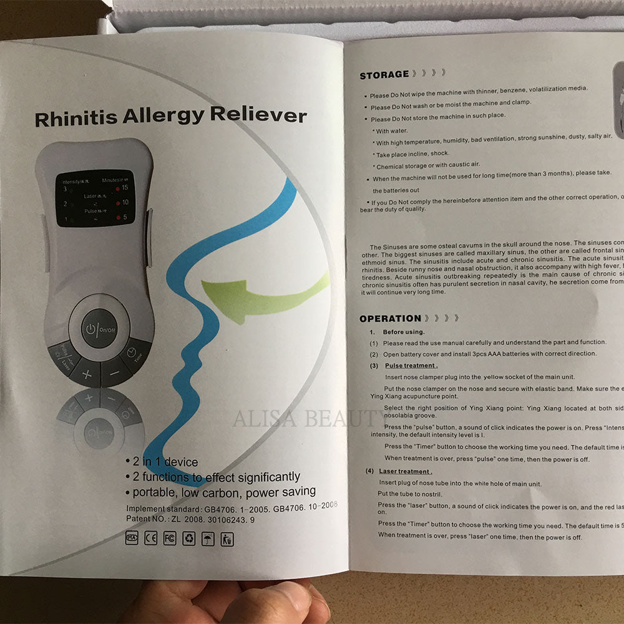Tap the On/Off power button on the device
tap(99, 328)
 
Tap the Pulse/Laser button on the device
tap(64, 357)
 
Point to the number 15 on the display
tap(125, 187)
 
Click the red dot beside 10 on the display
tap(116, 203)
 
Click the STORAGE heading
tap(384, 75)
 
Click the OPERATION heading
tap(390, 318)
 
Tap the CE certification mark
tap(150, 539)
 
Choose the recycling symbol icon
tap(188, 539)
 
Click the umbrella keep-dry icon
tap(208, 539)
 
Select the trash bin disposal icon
tap(227, 539)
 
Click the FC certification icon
tap(170, 539)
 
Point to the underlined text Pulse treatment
tap(411, 366)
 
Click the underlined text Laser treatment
tap(405, 472)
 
